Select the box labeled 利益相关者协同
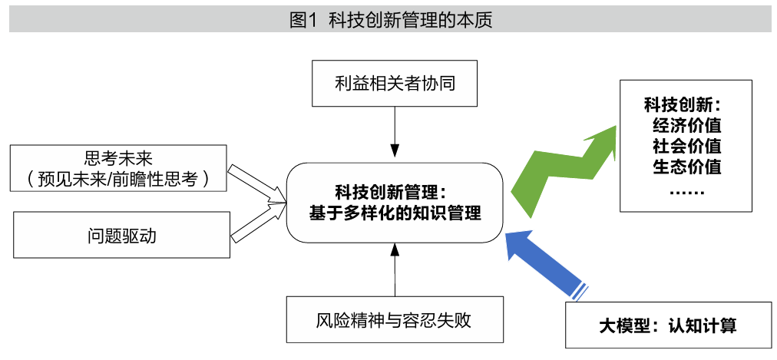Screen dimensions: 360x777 pos(395,83)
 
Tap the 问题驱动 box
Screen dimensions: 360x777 pos(121,236)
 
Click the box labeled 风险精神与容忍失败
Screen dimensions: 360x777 pos(394,319)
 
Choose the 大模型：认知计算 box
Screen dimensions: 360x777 pos(667,325)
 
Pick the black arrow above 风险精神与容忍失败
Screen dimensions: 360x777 pos(395,269)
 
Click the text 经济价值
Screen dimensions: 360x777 pos(686,125)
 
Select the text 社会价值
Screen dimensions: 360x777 pos(686,145)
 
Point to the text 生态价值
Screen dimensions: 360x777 pos(686,165)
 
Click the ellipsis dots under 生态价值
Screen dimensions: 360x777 pos(686,188)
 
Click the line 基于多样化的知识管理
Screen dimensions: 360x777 pos(395,213)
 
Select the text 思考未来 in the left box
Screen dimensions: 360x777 pos(121,159)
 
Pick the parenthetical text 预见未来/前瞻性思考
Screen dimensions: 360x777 pos(121,180)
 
